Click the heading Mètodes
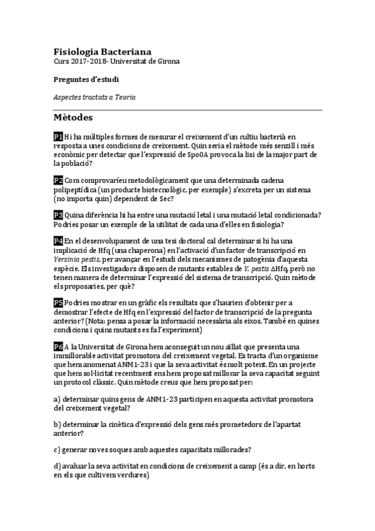click(x=73, y=117)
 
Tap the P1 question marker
click(x=58, y=137)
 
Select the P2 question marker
click(x=58, y=180)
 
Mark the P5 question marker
click(x=58, y=302)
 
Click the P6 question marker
click(x=58, y=346)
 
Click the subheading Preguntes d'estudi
click(x=86, y=80)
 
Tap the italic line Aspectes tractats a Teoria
click(x=95, y=98)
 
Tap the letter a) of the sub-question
click(x=57, y=399)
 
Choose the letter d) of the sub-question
click(x=57, y=466)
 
